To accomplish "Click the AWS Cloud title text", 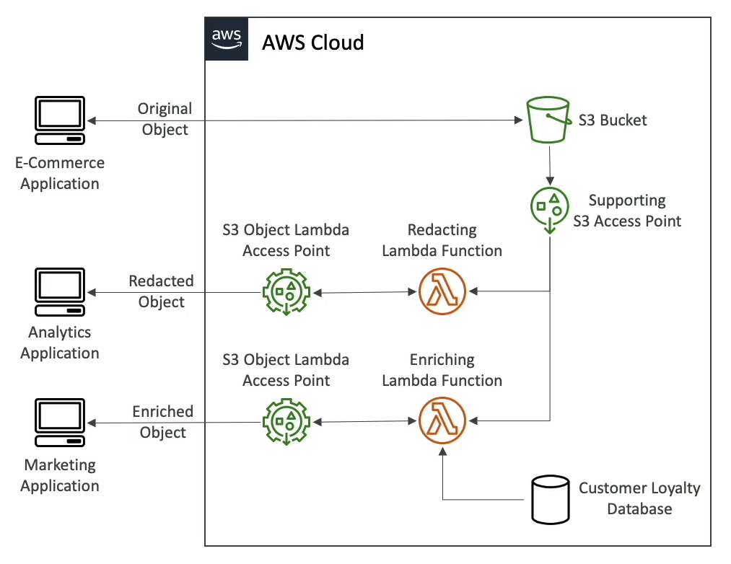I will pyautogui.click(x=312, y=43).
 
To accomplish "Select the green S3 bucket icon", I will pyautogui.click(x=548, y=120).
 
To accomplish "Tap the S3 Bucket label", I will pyautogui.click(x=613, y=120).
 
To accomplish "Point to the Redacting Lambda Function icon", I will pyautogui.click(x=442, y=292).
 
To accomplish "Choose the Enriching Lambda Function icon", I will pyautogui.click(x=442, y=421).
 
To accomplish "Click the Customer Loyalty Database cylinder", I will pyautogui.click(x=550, y=499).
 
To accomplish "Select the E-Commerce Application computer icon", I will pyautogui.click(x=60, y=122).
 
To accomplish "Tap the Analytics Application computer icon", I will pyautogui.click(x=60, y=292).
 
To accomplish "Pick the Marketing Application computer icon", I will pyautogui.click(x=60, y=423).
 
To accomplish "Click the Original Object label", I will pyautogui.click(x=165, y=119).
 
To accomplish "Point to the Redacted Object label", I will pyautogui.click(x=162, y=291).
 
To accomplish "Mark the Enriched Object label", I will pyautogui.click(x=163, y=422).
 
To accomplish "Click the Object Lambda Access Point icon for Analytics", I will pyautogui.click(x=286, y=292).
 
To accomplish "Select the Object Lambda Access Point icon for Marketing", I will pyautogui.click(x=286, y=422).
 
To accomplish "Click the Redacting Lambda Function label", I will pyautogui.click(x=442, y=240).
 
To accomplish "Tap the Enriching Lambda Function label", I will pyautogui.click(x=442, y=370).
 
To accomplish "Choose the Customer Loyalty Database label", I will pyautogui.click(x=639, y=498).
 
